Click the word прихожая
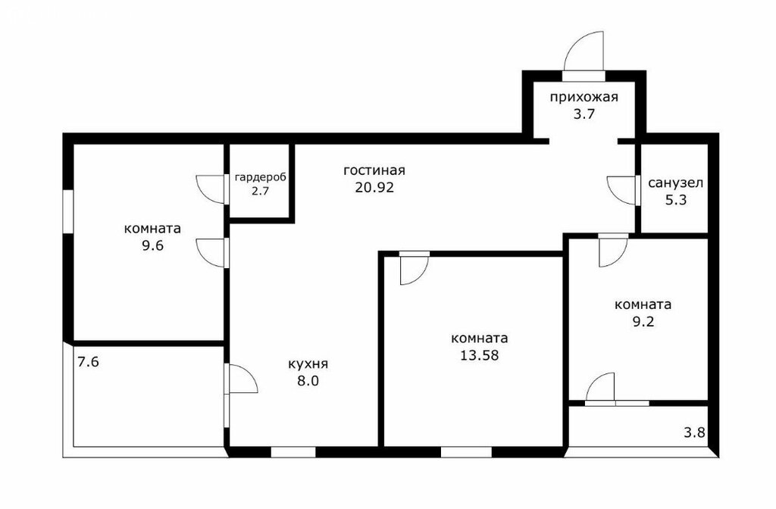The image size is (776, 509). pyautogui.click(x=584, y=97)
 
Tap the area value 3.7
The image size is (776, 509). pyautogui.click(x=584, y=114)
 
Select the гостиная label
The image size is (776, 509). pyautogui.click(x=374, y=170)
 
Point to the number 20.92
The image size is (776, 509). pyautogui.click(x=374, y=188)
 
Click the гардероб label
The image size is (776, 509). pyautogui.click(x=261, y=177)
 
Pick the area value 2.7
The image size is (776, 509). pyautogui.click(x=260, y=192)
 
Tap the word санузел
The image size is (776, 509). pyautogui.click(x=675, y=183)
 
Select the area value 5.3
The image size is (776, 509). pyautogui.click(x=675, y=200)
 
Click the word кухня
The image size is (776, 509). pyautogui.click(x=308, y=364)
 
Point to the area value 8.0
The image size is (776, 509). pyautogui.click(x=308, y=381)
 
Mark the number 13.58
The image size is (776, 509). pyautogui.click(x=479, y=355)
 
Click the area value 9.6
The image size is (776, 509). pyautogui.click(x=152, y=246)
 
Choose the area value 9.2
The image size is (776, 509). pyautogui.click(x=643, y=321)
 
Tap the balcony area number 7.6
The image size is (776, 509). pyautogui.click(x=89, y=362)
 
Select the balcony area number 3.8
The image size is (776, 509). pyautogui.click(x=694, y=432)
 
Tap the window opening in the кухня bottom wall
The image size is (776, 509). pyautogui.click(x=293, y=451)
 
